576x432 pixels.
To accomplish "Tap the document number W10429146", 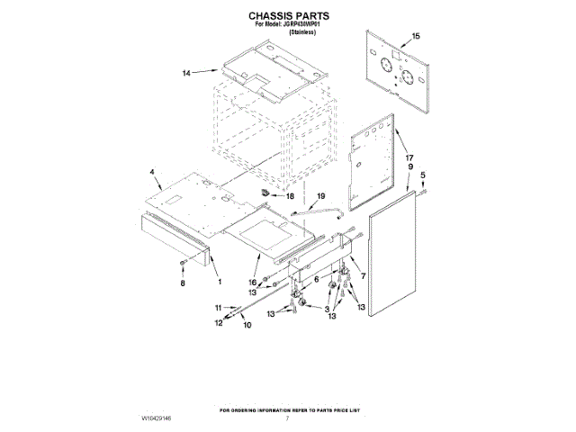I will tap(159, 419).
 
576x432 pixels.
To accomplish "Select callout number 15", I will tap(415, 36).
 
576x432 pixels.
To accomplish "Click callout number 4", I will tap(153, 172).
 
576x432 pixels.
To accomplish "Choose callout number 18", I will tap(290, 195).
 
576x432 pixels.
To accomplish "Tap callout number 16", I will tap(254, 282).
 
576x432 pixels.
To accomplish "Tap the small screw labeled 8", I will tap(184, 262).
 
